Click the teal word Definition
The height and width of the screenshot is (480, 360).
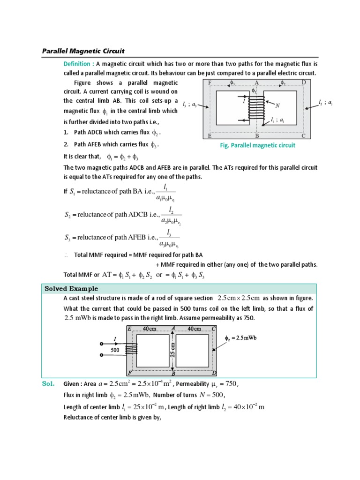click(x=78, y=64)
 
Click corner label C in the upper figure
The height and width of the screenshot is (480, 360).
click(x=303, y=136)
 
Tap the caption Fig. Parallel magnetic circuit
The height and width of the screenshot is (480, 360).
click(x=258, y=145)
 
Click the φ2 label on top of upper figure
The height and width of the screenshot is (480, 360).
click(x=283, y=83)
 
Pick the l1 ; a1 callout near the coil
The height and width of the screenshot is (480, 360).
click(x=277, y=121)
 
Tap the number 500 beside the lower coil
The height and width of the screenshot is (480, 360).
click(x=115, y=350)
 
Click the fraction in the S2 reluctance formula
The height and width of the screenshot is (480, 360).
click(x=172, y=214)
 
